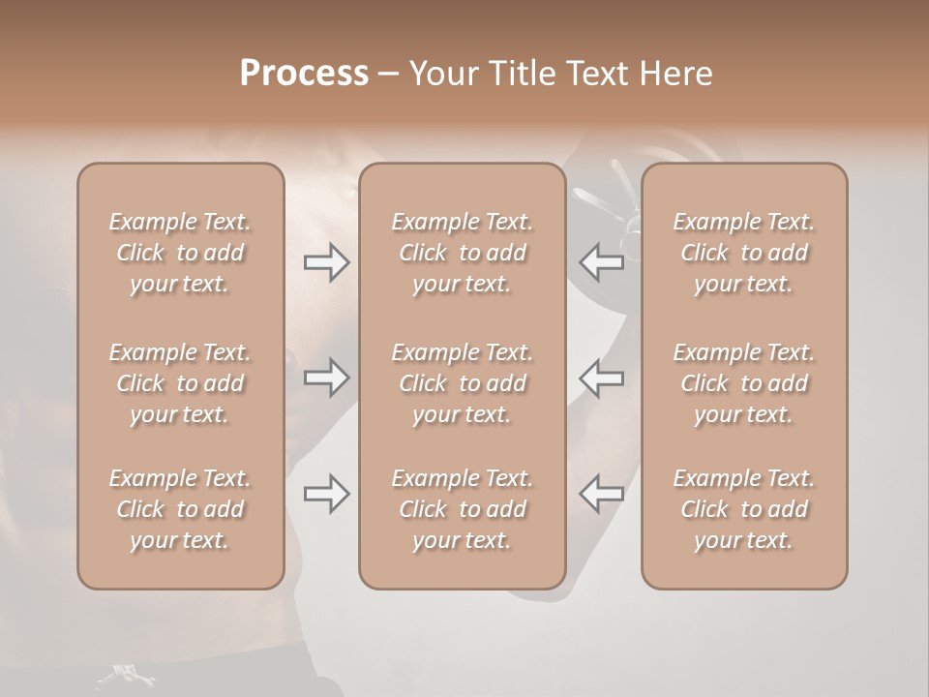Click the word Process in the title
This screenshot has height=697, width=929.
click(304, 74)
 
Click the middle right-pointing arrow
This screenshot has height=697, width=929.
click(326, 378)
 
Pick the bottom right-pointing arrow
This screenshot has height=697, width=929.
click(326, 494)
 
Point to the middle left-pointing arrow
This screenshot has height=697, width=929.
click(601, 378)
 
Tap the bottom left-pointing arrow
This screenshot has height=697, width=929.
click(601, 494)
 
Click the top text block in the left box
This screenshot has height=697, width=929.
click(180, 253)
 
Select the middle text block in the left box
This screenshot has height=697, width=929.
click(180, 383)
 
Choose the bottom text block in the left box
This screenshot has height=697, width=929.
click(180, 509)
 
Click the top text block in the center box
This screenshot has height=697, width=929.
click(462, 253)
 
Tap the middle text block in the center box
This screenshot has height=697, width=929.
click(462, 383)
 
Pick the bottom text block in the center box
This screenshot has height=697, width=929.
click(462, 509)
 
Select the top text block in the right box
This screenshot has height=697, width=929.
click(743, 253)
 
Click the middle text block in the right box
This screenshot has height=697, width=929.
click(743, 383)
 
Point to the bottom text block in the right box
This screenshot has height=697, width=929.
click(743, 509)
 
